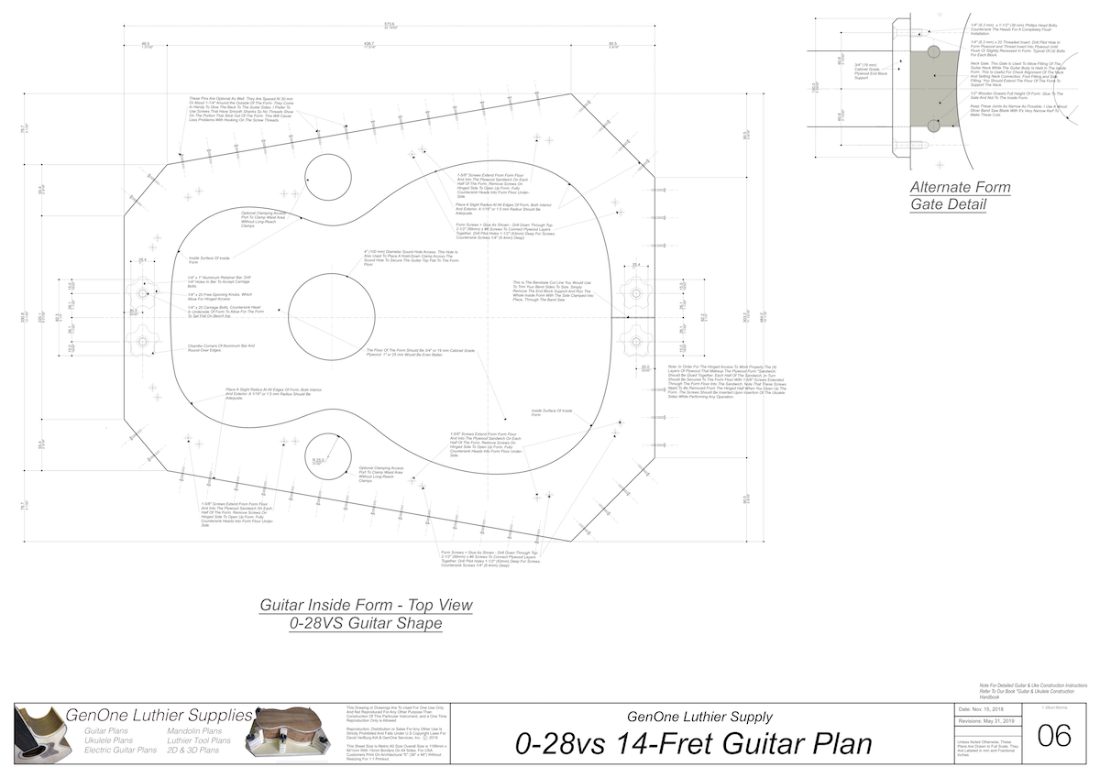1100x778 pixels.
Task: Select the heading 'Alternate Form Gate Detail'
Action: (960, 195)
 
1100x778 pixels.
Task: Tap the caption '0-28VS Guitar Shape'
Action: (366, 623)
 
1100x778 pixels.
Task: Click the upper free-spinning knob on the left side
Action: (144, 292)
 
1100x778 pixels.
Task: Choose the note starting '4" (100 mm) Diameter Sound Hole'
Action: (410, 256)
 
